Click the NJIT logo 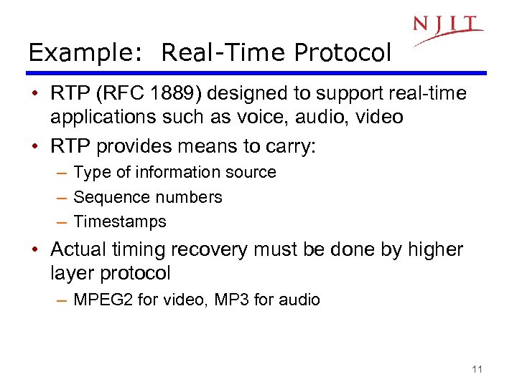coord(447,28)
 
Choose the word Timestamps coord(120,222)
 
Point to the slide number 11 coord(477,369)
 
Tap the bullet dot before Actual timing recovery coord(35,251)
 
